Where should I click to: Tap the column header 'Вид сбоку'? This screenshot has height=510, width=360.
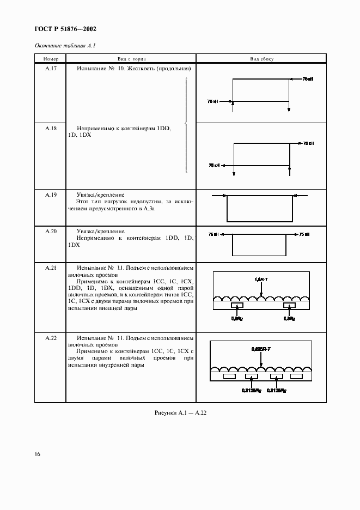261,58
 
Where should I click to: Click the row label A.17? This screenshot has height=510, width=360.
50,69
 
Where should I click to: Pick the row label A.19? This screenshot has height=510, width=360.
50,195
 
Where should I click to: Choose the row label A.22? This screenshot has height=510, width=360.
50,338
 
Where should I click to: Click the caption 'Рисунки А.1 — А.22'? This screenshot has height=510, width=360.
180,413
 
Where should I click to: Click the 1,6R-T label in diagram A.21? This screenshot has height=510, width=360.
261,280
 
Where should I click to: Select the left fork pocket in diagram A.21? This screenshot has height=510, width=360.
237,306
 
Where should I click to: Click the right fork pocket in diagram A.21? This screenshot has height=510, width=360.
289,306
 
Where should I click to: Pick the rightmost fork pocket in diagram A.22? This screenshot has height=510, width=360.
296,376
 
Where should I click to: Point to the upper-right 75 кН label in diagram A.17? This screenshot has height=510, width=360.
308,79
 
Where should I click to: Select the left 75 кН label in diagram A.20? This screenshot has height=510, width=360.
213,235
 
